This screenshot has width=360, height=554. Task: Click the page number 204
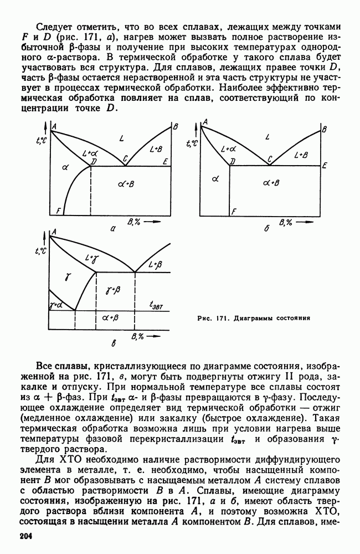[x=27, y=537]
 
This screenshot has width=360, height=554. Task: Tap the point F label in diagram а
[x=58, y=211]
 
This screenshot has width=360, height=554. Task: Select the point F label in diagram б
[x=234, y=212]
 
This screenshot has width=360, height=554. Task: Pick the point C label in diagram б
[x=270, y=160]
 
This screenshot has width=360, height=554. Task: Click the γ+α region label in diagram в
[x=55, y=304]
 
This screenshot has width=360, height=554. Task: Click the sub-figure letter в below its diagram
[x=113, y=345]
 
